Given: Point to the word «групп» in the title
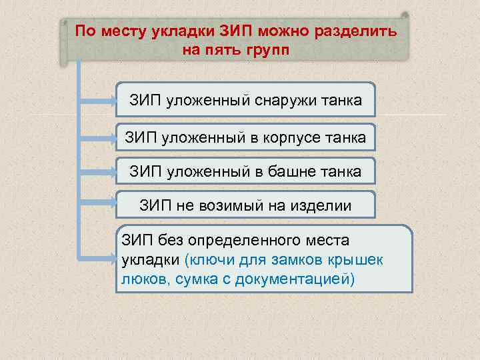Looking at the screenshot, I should [269, 51].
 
